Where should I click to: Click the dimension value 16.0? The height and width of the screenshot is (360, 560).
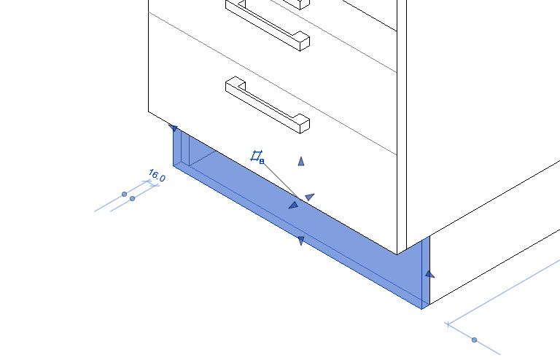point(157,176)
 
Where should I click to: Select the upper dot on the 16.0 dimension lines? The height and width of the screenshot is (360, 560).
point(124,194)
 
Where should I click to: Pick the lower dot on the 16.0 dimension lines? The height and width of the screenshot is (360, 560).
point(133,198)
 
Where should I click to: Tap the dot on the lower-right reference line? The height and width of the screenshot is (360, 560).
point(474,340)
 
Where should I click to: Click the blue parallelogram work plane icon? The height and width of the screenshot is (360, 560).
point(256,155)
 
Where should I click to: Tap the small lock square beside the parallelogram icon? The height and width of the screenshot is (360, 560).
point(262,162)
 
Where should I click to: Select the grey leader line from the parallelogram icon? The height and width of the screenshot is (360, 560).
point(281,181)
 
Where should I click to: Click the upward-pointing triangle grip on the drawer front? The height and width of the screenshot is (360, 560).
point(301,162)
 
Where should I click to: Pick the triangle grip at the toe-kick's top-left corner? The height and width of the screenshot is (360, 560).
point(174,128)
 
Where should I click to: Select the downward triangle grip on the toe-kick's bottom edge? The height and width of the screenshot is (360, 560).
point(300,240)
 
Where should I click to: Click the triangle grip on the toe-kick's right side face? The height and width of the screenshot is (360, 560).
point(429,274)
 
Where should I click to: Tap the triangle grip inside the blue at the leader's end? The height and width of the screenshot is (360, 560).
point(293,206)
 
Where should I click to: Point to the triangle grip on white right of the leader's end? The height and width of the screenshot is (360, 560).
point(310,197)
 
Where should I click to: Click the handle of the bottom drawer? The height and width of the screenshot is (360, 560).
point(268,105)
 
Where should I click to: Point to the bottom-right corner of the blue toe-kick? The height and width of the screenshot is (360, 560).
point(421,309)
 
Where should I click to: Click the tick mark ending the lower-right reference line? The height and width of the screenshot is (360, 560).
point(448,324)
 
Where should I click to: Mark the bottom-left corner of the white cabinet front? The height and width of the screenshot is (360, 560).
point(148,111)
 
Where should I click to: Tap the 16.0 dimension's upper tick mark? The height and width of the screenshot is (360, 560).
point(147,181)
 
